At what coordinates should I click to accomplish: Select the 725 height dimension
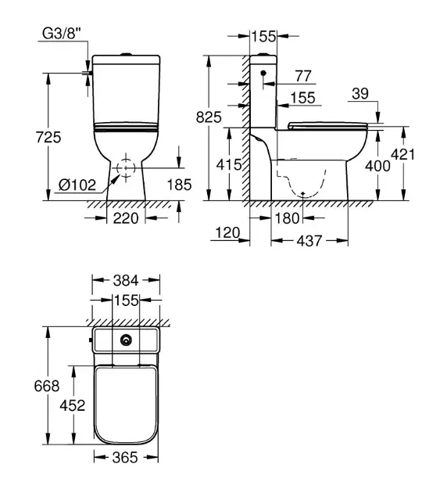(48, 137)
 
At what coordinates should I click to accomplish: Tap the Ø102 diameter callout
(77, 185)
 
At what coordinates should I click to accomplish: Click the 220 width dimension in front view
(124, 218)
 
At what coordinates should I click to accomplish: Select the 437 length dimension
(309, 242)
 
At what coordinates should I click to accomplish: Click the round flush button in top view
(126, 340)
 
